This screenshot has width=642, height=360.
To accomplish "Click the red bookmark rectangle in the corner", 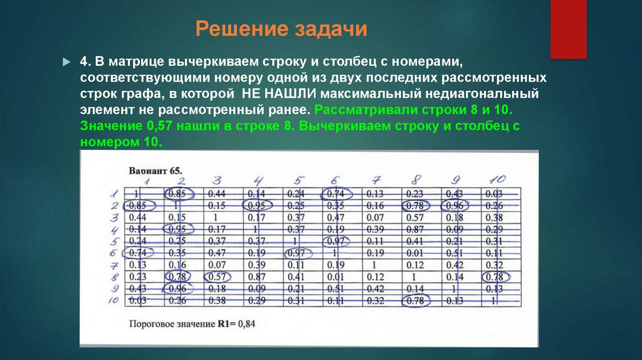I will click(567, 28).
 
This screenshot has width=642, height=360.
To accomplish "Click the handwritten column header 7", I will click(376, 181).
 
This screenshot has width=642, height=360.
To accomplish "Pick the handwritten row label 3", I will click(114, 217).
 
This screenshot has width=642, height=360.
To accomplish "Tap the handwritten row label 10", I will click(113, 300).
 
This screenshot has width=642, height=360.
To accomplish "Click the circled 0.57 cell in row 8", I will click(216, 277).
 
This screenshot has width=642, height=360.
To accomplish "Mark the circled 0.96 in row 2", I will click(453, 205).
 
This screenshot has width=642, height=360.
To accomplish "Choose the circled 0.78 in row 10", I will click(414, 301).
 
